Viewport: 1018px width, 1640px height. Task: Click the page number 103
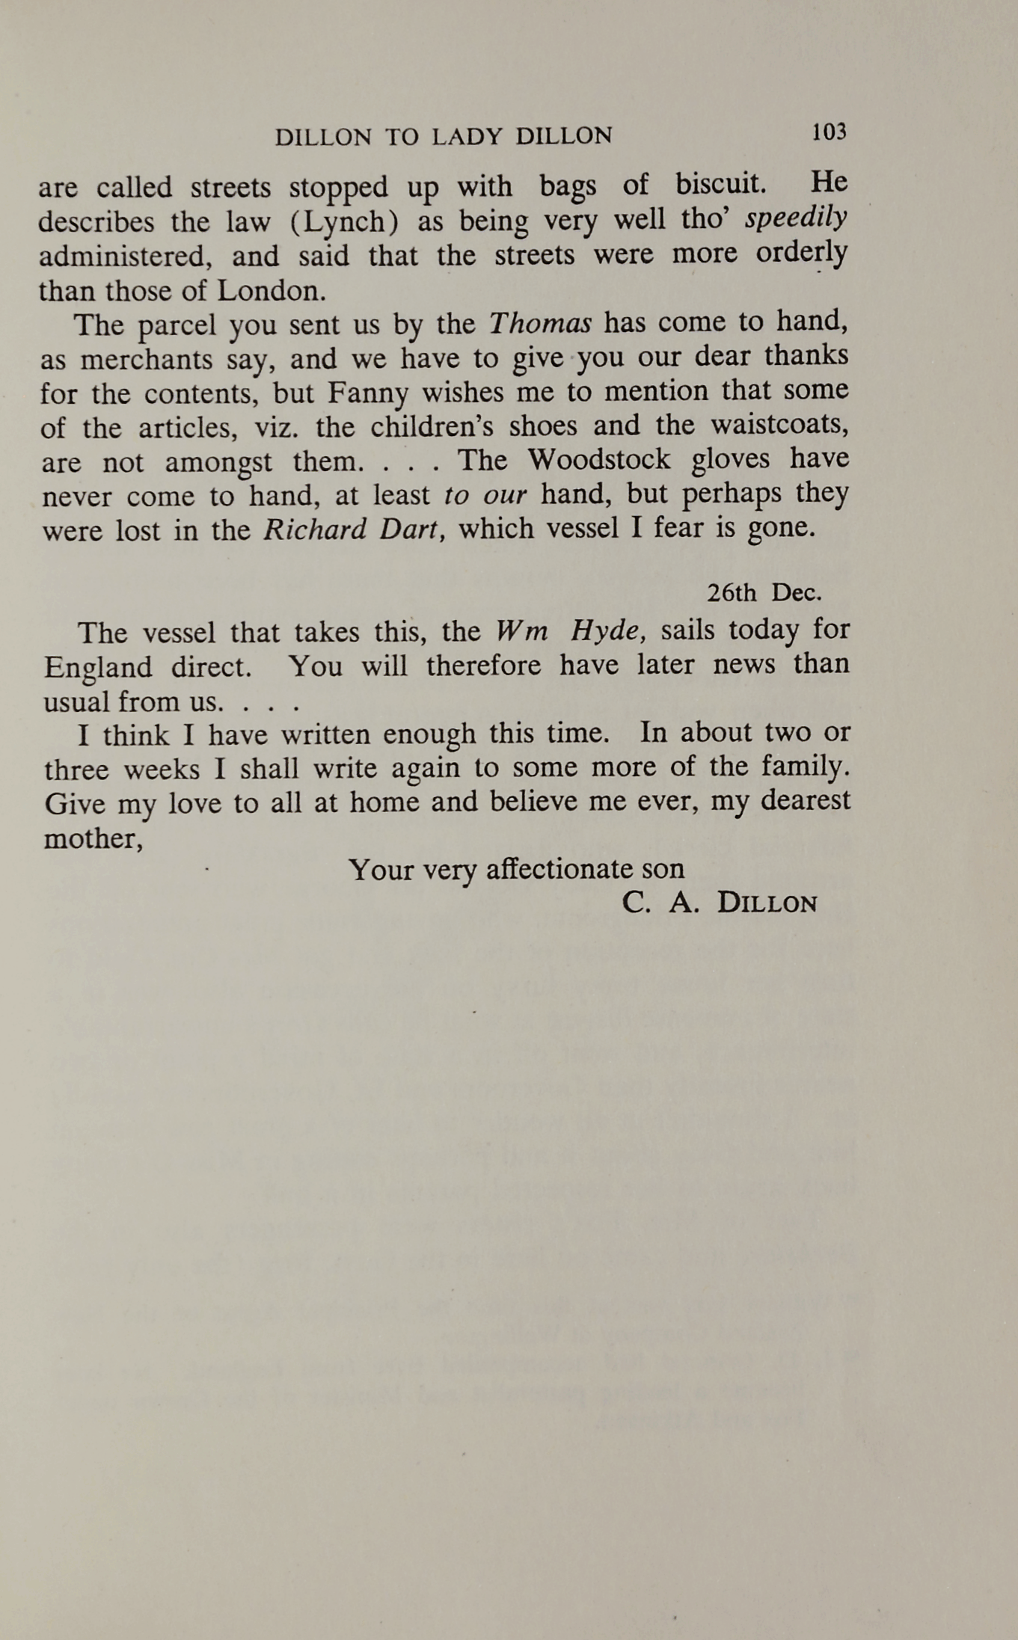[829, 132]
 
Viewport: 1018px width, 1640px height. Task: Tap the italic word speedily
[797, 218]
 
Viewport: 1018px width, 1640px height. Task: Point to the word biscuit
[720, 184]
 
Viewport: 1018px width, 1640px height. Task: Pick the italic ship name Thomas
[540, 323]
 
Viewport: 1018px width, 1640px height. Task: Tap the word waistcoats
[779, 425]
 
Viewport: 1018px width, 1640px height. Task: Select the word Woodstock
[599, 459]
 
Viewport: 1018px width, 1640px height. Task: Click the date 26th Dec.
[764, 593]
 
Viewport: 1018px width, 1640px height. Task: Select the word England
[98, 667]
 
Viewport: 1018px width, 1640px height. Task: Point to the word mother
[93, 839]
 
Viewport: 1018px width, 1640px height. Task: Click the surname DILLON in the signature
[767, 903]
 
